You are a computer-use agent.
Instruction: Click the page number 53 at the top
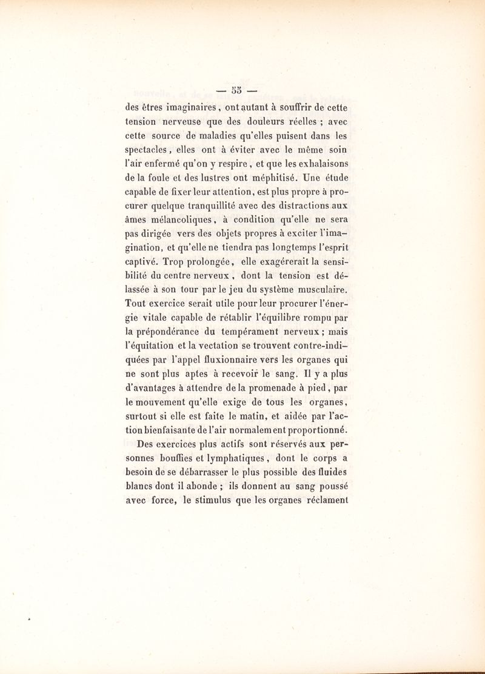235,90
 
